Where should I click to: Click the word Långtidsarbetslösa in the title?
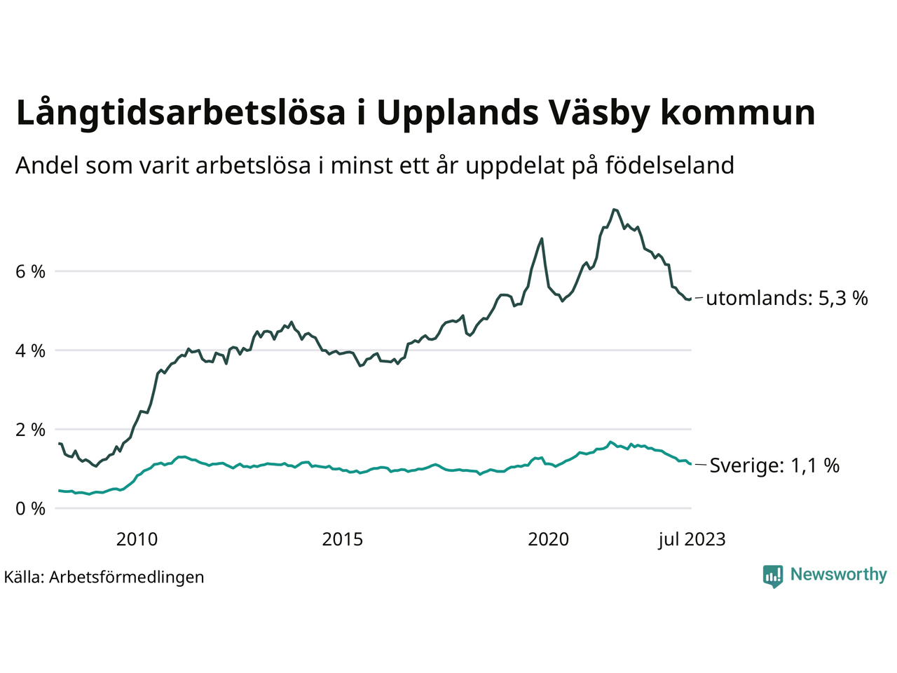click(181, 114)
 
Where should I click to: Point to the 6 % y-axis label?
click(30, 271)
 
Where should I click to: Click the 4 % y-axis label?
click(30, 351)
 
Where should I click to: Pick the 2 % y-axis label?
click(30, 430)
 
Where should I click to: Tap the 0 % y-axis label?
click(30, 509)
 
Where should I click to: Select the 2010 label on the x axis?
click(137, 539)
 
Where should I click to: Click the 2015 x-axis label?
click(343, 539)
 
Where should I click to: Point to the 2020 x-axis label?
click(548, 539)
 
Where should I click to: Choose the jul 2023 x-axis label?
click(692, 539)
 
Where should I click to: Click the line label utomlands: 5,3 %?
click(787, 299)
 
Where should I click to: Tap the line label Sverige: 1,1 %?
click(774, 465)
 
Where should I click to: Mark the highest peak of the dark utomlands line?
click(614, 209)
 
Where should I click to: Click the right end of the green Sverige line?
click(691, 464)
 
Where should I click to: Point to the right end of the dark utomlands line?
click(691, 299)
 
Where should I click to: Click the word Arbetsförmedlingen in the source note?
click(127, 577)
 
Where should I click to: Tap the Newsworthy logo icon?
click(773, 576)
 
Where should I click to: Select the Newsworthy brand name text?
click(838, 574)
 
